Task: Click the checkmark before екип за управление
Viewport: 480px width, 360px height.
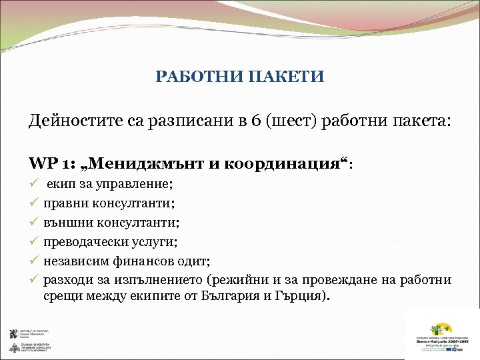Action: [33, 183]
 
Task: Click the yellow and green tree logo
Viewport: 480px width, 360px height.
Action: [441, 329]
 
